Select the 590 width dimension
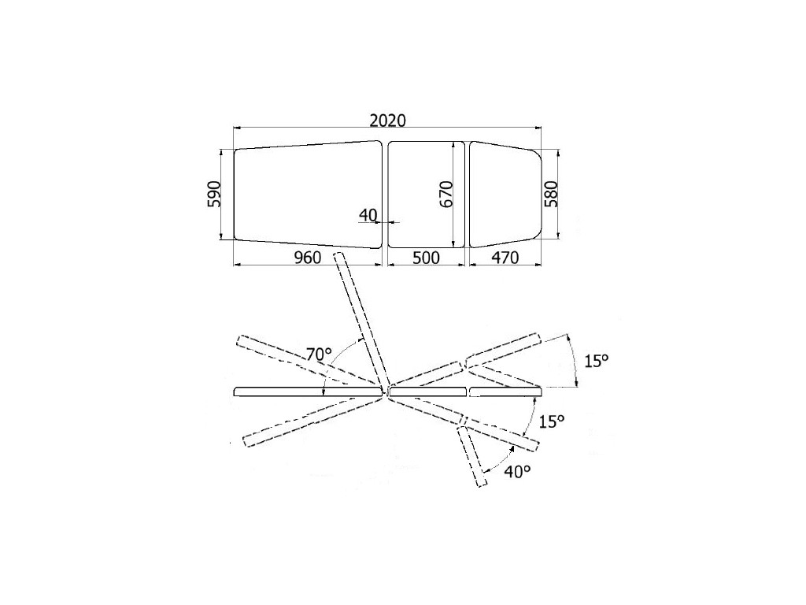[214, 194]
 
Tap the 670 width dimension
[446, 194]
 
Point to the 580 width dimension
[551, 194]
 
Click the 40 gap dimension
[368, 214]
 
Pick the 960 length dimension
[307, 258]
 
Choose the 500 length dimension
[426, 258]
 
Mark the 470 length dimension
[505, 258]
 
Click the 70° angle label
[319, 354]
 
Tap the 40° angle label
[517, 471]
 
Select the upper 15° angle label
[597, 360]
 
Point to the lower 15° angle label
[552, 421]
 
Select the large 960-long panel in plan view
[309, 195]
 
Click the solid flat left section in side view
[309, 392]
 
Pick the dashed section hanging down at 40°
[472, 456]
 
